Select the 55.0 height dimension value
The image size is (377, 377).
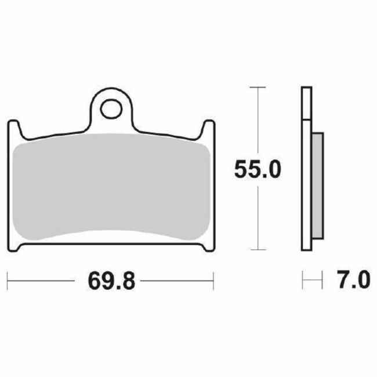pyautogui.click(x=257, y=169)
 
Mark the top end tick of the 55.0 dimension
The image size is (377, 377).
pyautogui.click(x=257, y=87)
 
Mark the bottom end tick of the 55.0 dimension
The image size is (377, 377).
pyautogui.click(x=257, y=250)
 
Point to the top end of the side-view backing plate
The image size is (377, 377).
pyautogui.click(x=306, y=89)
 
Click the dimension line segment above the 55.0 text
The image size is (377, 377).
pyautogui.click(x=257, y=122)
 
